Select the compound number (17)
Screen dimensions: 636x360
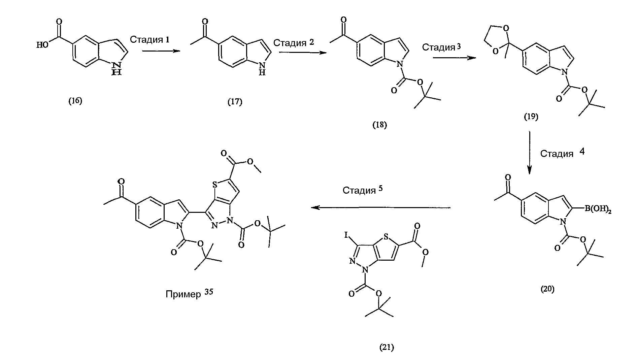(x=235, y=101)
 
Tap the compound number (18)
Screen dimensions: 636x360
(x=379, y=125)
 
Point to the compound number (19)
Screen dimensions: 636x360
(x=531, y=117)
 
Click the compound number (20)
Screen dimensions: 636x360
(x=547, y=289)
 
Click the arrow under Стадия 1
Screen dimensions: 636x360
(x=160, y=51)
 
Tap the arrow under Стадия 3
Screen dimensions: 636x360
(x=455, y=58)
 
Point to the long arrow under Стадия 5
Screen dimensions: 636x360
(x=381, y=208)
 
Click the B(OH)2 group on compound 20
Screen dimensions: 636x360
(x=597, y=209)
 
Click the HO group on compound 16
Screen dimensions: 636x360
(x=42, y=44)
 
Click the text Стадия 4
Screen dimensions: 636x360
(x=563, y=153)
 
